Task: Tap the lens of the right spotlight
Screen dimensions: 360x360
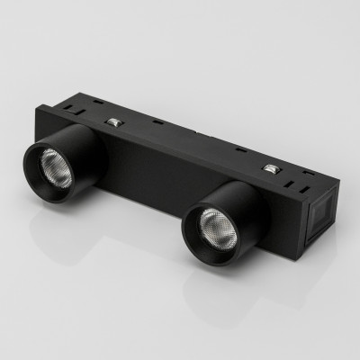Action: pos(210,222)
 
